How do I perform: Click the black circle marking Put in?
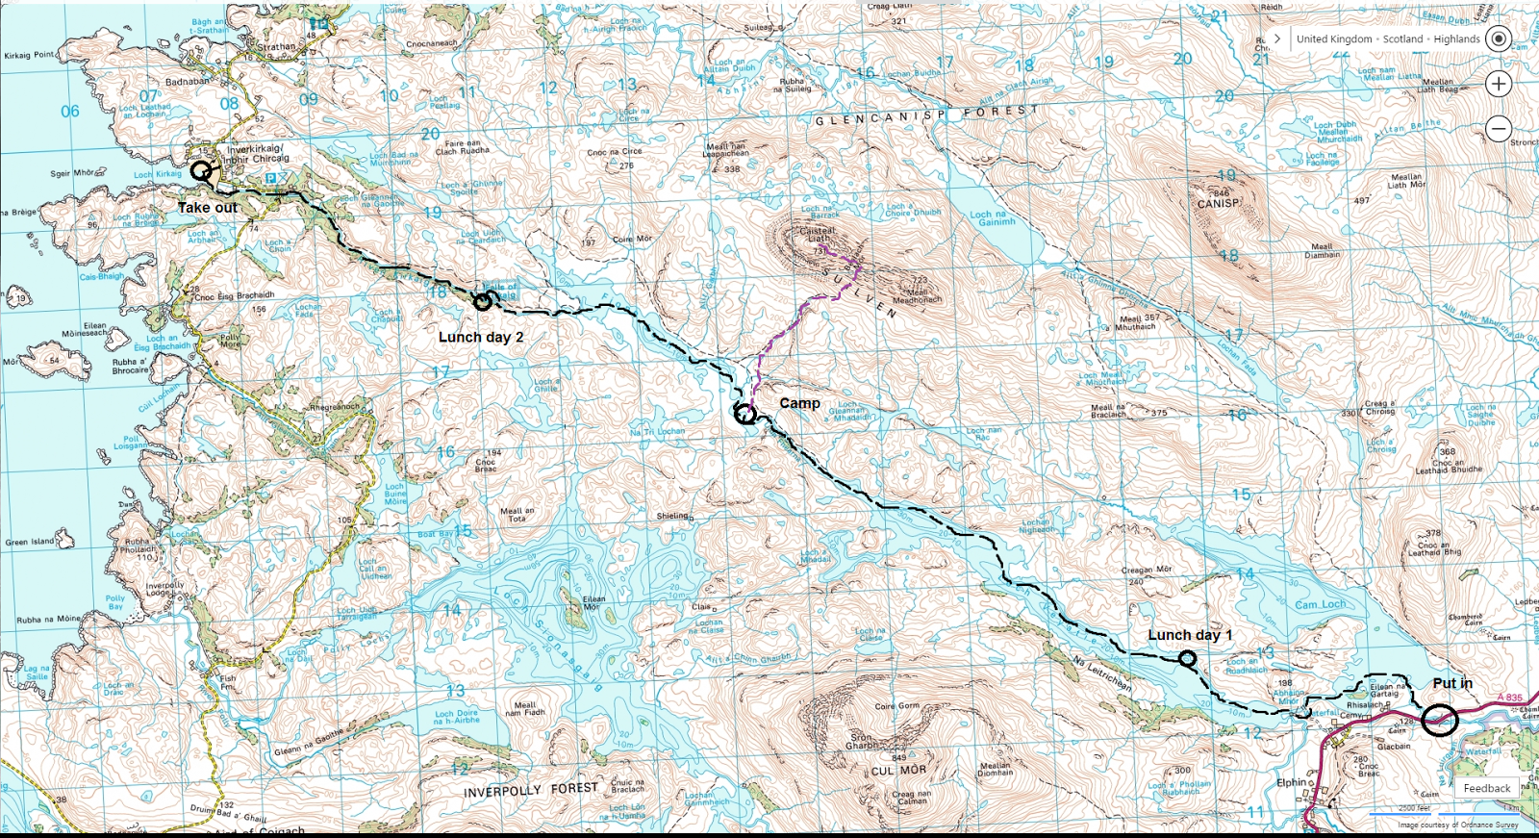1440,720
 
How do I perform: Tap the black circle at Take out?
200,171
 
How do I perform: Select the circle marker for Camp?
744,415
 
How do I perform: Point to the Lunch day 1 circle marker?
1188,659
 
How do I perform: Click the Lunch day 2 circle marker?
483,301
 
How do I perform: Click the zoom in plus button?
1499,84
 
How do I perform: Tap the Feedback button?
1486,788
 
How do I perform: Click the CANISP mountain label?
1218,204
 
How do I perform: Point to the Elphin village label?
1291,782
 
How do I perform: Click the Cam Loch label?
1320,605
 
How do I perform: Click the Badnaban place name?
187,82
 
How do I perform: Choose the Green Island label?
30,542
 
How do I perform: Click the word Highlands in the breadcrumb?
1456,39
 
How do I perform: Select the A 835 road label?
1510,698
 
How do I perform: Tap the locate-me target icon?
1499,39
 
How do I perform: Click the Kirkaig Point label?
29,55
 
